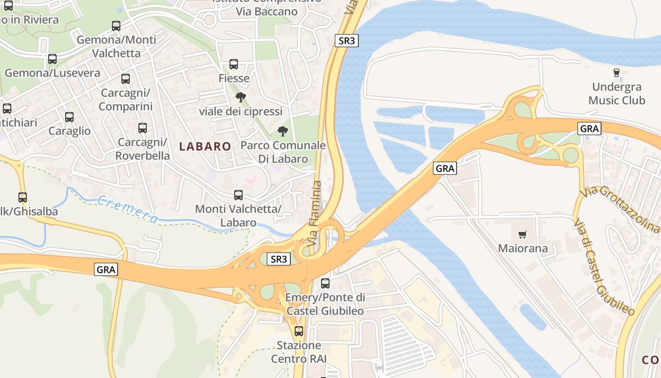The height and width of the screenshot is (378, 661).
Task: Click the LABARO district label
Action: click(x=205, y=146)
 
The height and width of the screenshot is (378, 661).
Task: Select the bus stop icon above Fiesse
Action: click(x=234, y=64)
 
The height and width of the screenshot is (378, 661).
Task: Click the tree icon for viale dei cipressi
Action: click(x=241, y=98)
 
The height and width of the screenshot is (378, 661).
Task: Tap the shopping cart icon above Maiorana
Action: click(x=522, y=235)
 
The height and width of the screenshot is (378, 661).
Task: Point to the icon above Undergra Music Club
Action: click(x=616, y=73)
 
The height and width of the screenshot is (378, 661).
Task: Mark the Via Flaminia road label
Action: click(x=315, y=213)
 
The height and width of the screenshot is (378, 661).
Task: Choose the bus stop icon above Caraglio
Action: click(x=69, y=117)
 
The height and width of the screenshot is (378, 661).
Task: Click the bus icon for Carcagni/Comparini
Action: click(x=126, y=79)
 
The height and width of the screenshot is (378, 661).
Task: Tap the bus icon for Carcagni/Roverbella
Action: click(x=143, y=128)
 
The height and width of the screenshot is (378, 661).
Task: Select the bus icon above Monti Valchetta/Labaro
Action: click(x=238, y=195)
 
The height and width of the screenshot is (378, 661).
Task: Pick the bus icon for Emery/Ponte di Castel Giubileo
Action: click(x=325, y=283)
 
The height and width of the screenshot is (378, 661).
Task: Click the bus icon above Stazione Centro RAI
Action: click(x=299, y=331)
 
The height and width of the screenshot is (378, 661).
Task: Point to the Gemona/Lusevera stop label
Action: click(x=52, y=73)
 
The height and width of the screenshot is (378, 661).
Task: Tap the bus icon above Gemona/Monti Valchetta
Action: click(x=116, y=26)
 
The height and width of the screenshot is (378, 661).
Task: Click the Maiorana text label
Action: click(x=523, y=249)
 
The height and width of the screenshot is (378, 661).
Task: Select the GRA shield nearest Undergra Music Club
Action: click(x=589, y=129)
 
